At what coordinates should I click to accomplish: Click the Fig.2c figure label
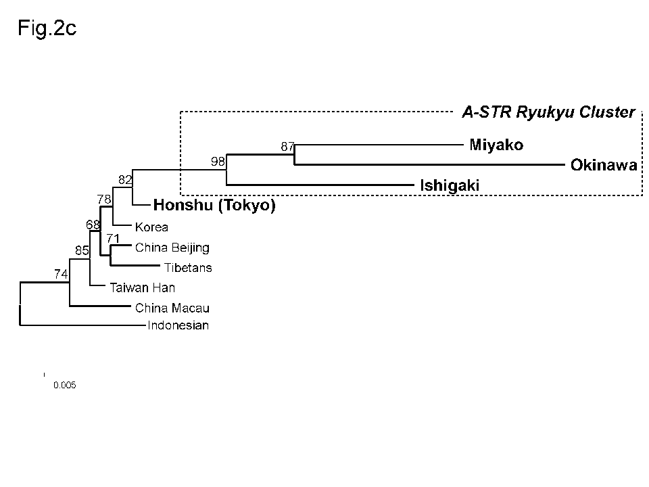coord(47,30)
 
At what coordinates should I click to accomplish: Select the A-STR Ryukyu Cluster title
coord(548,112)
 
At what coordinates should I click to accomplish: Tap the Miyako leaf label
coord(496,145)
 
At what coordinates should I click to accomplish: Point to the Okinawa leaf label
coord(604,165)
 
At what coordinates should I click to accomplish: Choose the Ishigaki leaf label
coord(450,185)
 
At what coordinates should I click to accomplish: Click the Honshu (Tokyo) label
coord(214,205)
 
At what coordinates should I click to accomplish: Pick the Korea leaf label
coord(151,227)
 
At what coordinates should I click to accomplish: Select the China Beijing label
coord(172,248)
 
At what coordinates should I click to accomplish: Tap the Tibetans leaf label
coord(188,268)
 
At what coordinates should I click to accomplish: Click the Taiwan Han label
coord(143,287)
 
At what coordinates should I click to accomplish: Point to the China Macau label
coord(172,308)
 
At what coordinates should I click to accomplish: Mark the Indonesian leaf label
coord(178,326)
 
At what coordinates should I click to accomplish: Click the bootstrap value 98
coord(218,161)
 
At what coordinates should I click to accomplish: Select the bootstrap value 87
coord(288,146)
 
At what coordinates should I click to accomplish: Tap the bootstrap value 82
coord(125,179)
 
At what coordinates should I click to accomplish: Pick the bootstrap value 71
coord(113,238)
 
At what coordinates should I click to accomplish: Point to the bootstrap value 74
coord(62,274)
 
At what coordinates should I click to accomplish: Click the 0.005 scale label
coord(65,386)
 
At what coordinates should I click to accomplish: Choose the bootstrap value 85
coord(82,251)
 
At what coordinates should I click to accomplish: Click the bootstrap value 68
coord(93,224)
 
